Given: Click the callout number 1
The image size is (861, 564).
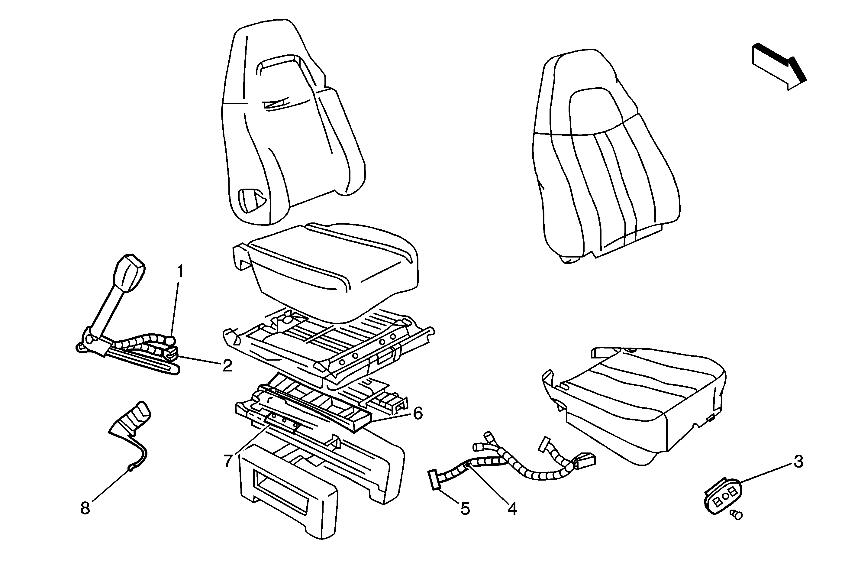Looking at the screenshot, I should pyautogui.click(x=180, y=271).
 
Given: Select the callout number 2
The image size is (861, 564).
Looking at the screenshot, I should pyautogui.click(x=227, y=366).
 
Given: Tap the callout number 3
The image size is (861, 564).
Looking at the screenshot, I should pyautogui.click(x=798, y=462).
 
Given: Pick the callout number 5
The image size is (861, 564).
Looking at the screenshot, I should pyautogui.click(x=465, y=509).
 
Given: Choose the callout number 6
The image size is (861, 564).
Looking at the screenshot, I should pyautogui.click(x=418, y=413).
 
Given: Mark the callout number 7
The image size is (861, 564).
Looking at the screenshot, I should pyautogui.click(x=227, y=461).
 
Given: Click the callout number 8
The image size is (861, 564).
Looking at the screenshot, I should pyautogui.click(x=85, y=508).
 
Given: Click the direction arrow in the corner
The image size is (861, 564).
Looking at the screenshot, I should pyautogui.click(x=780, y=67).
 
